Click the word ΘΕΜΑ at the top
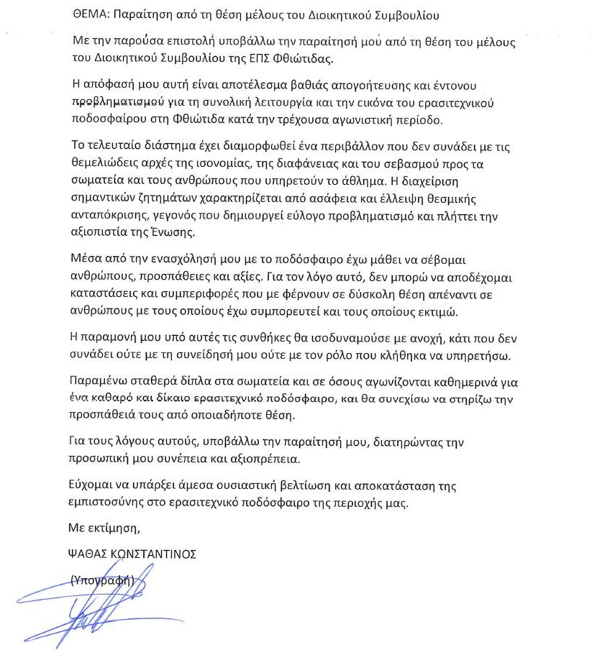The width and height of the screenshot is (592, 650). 90,14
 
